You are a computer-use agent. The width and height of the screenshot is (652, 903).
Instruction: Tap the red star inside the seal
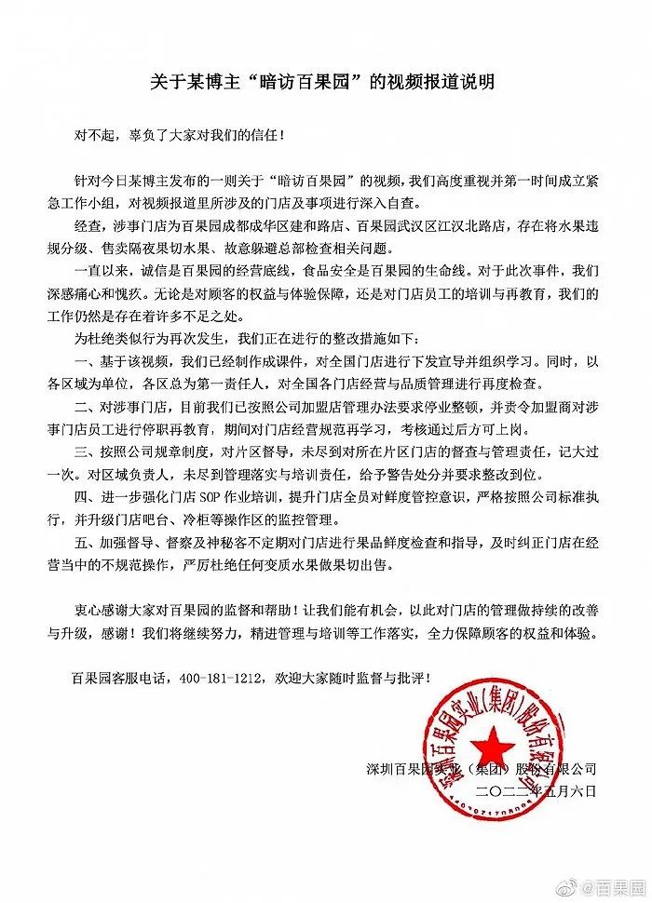tap(490, 742)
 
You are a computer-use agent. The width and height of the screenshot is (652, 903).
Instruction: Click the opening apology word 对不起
tap(95, 133)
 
